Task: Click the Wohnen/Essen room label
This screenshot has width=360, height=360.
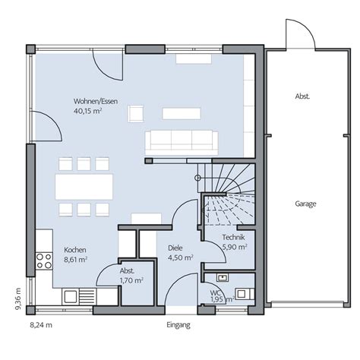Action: point(96,101)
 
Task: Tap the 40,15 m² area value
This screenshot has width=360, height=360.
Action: point(87,111)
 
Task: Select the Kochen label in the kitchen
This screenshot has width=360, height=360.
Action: point(75,250)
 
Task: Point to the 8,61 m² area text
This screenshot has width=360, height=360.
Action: point(75,260)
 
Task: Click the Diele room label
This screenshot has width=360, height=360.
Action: point(175,248)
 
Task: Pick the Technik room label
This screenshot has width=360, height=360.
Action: point(233,237)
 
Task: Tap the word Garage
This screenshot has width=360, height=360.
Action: point(305,204)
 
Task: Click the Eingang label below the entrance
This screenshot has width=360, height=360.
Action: point(178,325)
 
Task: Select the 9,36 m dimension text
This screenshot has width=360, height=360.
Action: point(18,298)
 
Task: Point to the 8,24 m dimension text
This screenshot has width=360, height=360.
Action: point(41,325)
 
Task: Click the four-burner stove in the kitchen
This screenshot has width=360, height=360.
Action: point(44,261)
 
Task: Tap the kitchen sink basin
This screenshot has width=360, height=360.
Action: point(70,296)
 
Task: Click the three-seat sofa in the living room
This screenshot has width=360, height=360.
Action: point(182,143)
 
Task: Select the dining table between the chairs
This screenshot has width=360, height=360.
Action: point(84,187)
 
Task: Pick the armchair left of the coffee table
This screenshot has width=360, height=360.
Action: point(135,114)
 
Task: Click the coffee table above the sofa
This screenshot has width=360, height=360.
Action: point(182,113)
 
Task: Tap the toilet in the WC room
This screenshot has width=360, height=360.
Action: point(245,294)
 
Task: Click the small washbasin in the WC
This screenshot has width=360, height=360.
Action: point(223,278)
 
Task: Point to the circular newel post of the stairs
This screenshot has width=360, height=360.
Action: point(197,178)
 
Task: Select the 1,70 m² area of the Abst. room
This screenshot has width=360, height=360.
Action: point(131,280)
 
